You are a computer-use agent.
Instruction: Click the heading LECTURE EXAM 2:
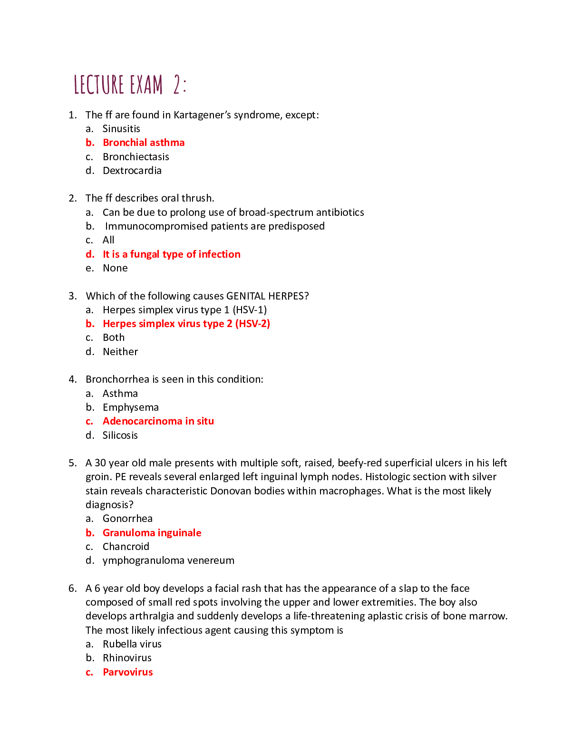pos(130,85)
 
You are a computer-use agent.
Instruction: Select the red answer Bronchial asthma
pos(144,143)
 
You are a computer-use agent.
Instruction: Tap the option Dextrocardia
pos(132,171)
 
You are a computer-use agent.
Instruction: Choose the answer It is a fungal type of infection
pos(172,254)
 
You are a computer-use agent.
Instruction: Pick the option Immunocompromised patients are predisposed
pos(215,226)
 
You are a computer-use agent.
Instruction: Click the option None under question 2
pos(115,268)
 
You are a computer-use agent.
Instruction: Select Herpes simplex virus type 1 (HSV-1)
pos(184,310)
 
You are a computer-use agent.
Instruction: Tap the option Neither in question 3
pos(120,352)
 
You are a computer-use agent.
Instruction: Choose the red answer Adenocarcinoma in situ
pos(158,421)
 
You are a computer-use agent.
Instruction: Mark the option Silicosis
pos(120,435)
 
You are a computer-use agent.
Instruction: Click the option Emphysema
pos(131,407)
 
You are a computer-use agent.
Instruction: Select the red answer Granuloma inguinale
pos(152,533)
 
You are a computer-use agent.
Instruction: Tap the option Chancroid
pos(126,547)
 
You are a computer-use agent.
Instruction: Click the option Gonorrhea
pos(127,519)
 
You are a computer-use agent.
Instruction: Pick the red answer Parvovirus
pos(128,672)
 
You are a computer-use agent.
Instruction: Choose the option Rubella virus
pos(132,644)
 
